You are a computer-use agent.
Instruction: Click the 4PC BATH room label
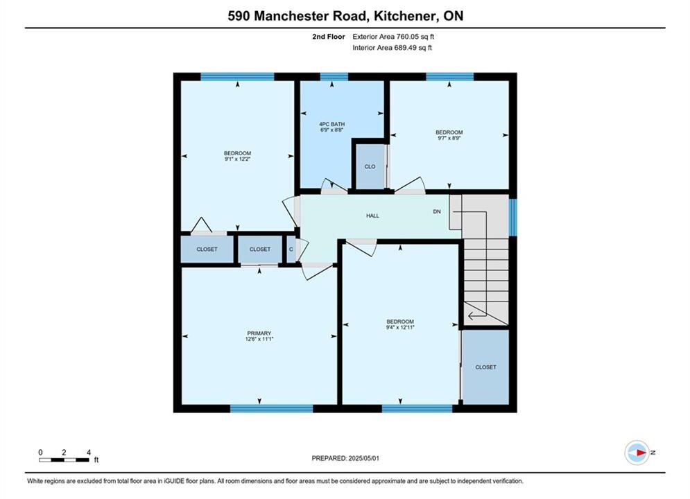(x=331, y=125)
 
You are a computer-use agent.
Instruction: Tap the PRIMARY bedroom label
(x=259, y=333)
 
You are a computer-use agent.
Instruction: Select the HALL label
(x=372, y=216)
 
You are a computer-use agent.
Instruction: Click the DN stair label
(x=436, y=211)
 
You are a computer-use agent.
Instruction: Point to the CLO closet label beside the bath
(x=370, y=166)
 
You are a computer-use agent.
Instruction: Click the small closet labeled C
(x=291, y=249)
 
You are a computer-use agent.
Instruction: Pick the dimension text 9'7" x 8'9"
(x=449, y=138)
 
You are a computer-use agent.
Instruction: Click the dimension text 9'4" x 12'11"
(x=400, y=328)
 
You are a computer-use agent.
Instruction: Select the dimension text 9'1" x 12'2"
(x=237, y=159)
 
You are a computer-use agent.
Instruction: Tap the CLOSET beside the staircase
(x=485, y=367)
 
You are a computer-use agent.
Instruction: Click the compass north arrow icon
(x=637, y=453)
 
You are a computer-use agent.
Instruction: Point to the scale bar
(x=64, y=460)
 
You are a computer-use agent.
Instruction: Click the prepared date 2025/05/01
(x=363, y=458)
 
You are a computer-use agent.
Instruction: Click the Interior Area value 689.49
(x=404, y=48)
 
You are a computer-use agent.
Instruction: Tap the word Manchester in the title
(x=310, y=16)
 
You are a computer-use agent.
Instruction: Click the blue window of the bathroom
(x=334, y=77)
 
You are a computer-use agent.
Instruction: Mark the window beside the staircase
(x=512, y=217)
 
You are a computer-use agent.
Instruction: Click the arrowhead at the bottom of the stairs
(x=471, y=315)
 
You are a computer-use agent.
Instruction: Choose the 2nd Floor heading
(x=328, y=37)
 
